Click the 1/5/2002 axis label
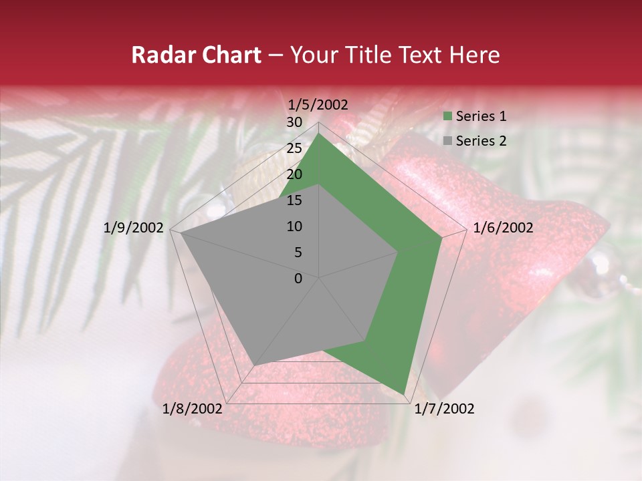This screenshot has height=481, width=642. [318, 104]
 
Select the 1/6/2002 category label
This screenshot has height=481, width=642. [503, 228]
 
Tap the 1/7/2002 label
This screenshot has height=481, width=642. [444, 409]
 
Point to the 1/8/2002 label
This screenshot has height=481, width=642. [193, 409]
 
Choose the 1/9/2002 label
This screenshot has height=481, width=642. [134, 228]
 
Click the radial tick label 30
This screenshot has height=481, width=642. [294, 122]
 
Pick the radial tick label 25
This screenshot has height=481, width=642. [294, 148]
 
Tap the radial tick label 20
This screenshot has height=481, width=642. [294, 174]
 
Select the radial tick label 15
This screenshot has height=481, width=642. [294, 200]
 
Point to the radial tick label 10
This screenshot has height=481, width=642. [294, 226]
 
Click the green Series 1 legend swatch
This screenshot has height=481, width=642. [447, 117]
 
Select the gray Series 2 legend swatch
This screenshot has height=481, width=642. [447, 141]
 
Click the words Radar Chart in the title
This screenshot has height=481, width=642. [196, 55]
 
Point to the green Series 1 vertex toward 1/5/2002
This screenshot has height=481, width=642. [319, 134]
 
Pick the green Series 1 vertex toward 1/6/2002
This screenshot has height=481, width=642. [442, 237]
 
